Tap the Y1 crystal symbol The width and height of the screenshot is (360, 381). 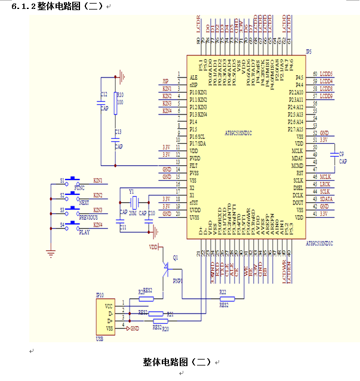point(134,200)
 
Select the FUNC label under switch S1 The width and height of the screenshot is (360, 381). point(79,188)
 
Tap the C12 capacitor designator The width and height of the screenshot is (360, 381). point(104,94)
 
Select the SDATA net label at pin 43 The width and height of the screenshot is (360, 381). point(326,199)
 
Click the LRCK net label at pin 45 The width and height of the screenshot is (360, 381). point(325,184)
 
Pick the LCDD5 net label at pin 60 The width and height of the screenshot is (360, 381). point(327,73)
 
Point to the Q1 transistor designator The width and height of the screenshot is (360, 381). point(175,257)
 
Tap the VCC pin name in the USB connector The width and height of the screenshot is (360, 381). point(109,305)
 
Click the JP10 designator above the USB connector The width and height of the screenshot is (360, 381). point(100,295)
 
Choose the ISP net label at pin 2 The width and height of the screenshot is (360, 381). point(165,81)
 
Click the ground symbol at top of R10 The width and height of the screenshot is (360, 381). point(122,75)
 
